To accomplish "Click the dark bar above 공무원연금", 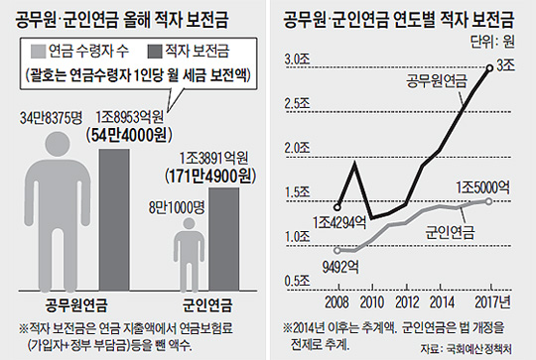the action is click(x=114, y=220).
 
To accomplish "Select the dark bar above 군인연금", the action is click(x=224, y=239).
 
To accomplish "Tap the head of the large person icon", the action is click(x=58, y=145).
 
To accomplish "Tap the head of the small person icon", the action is click(x=189, y=224).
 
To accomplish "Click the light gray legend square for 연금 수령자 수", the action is click(x=38, y=52).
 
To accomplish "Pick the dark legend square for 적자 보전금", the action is click(x=155, y=52).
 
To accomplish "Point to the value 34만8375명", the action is click(x=52, y=118).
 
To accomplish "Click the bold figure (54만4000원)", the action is click(x=129, y=135).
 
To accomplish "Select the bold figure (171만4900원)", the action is click(x=210, y=177).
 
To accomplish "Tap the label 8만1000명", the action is click(x=177, y=207).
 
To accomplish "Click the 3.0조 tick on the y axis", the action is click(x=297, y=60).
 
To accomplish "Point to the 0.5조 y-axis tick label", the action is click(x=297, y=281).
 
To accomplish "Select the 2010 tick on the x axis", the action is click(x=372, y=302).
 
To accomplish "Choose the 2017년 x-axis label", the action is click(x=492, y=301).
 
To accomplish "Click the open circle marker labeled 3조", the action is click(x=489, y=68).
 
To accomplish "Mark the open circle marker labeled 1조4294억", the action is click(x=337, y=207).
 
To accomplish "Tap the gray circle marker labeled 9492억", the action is click(x=337, y=250).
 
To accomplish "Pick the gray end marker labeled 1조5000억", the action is click(x=488, y=201).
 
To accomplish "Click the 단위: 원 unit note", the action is click(x=492, y=42).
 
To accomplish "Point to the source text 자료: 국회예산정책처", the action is click(x=467, y=349).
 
